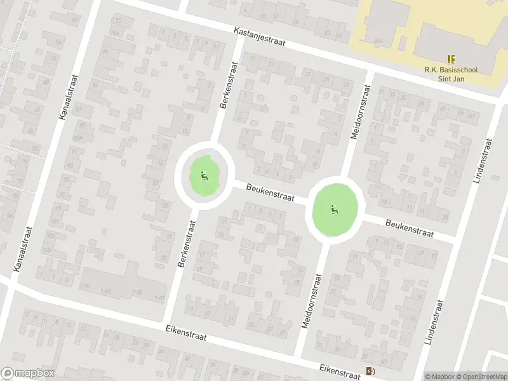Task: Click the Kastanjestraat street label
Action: click(x=260, y=37)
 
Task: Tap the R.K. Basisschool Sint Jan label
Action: click(x=451, y=74)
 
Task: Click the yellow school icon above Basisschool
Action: click(x=451, y=59)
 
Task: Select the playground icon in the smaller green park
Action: click(x=204, y=175)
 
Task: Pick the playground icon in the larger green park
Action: click(x=334, y=210)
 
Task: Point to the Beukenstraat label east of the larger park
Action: click(x=409, y=229)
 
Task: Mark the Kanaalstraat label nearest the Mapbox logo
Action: click(x=22, y=251)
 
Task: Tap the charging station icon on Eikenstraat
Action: click(x=370, y=371)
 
